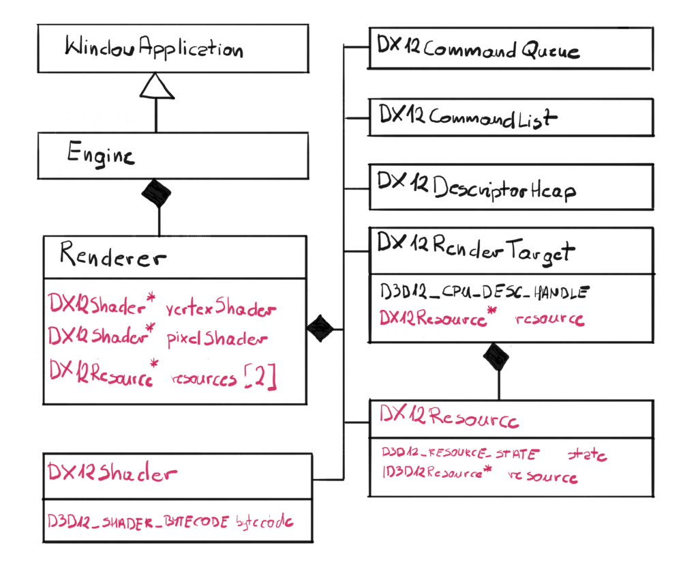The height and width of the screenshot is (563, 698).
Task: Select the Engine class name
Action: pyautogui.click(x=101, y=154)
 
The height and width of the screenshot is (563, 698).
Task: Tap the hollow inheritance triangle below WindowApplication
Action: pyautogui.click(x=155, y=87)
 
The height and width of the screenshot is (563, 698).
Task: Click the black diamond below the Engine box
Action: pyautogui.click(x=156, y=194)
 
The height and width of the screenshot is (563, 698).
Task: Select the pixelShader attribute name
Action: pyautogui.click(x=217, y=338)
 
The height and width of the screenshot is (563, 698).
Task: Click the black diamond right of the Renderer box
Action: pyautogui.click(x=320, y=328)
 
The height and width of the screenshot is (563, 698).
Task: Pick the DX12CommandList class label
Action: pyautogui.click(x=468, y=117)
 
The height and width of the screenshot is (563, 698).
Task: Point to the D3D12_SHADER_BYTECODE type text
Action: pyautogui.click(x=139, y=521)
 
